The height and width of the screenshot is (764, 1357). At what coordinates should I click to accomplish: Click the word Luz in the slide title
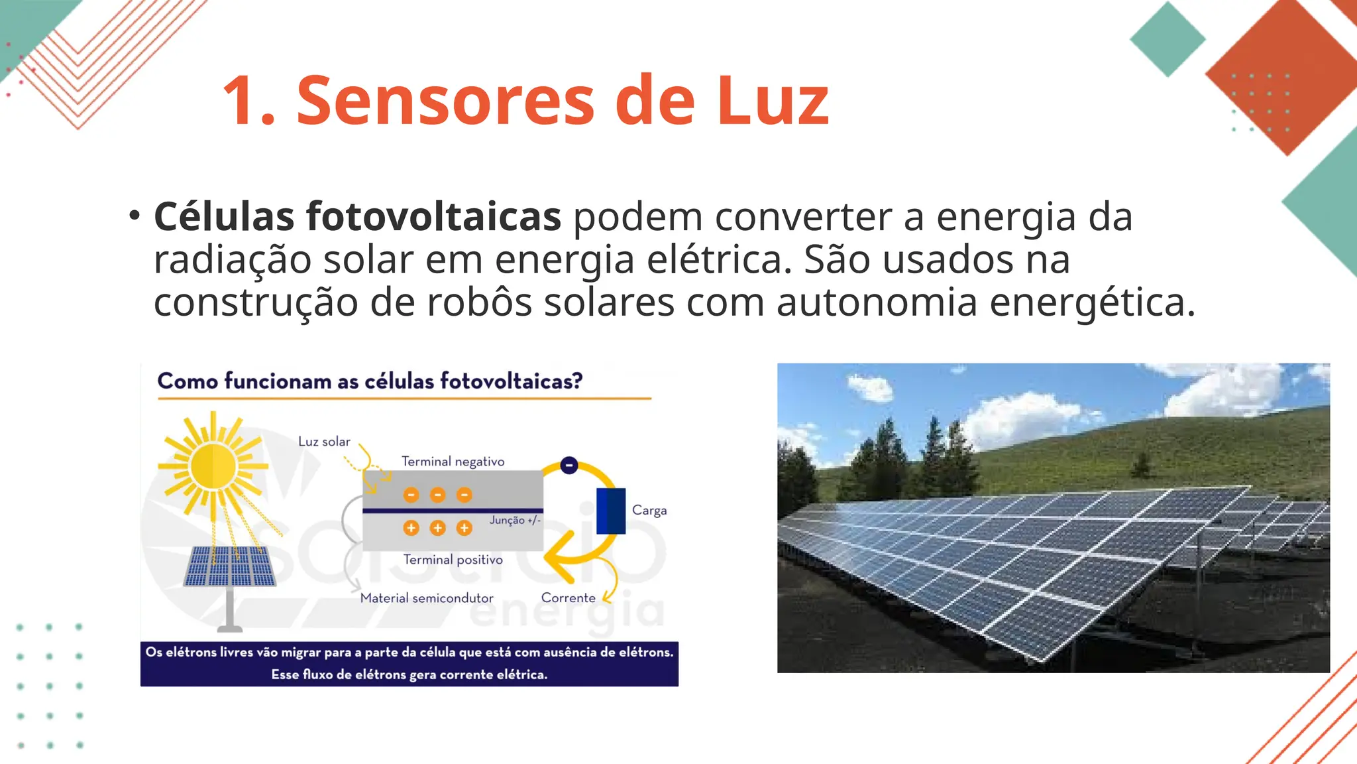773,100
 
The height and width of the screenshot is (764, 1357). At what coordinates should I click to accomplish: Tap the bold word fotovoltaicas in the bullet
433,216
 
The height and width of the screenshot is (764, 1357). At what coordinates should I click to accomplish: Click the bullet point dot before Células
135,215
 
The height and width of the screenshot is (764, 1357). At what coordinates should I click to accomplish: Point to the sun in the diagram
213,466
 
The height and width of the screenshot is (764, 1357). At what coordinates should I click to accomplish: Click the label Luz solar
324,442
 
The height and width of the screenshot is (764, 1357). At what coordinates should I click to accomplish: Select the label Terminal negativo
453,462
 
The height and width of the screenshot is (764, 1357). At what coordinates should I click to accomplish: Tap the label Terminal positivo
453,560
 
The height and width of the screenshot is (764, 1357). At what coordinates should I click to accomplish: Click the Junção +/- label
515,521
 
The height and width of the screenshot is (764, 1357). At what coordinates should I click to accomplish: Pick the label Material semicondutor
427,598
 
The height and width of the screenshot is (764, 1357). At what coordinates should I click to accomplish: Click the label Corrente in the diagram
568,598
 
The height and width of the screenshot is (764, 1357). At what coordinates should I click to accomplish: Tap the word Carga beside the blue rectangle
649,510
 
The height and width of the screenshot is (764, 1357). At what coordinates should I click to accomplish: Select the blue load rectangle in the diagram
611,511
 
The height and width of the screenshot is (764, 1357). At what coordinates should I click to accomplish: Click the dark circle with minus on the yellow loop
569,466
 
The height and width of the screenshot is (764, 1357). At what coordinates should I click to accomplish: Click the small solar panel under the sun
229,566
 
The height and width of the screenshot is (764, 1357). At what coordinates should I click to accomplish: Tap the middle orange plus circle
437,528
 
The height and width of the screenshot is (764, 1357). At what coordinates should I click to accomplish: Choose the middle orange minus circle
437,495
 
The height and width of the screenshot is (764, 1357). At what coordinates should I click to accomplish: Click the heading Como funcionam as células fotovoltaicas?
370,381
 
